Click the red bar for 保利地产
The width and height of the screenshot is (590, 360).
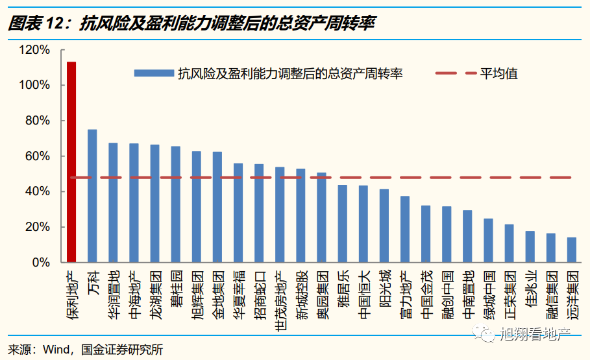[x=71, y=162]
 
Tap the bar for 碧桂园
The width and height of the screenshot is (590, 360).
[x=175, y=204]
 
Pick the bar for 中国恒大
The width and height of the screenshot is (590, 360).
[x=363, y=224]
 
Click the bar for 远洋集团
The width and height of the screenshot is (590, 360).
[x=572, y=250]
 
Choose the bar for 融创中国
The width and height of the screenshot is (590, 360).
[x=447, y=234]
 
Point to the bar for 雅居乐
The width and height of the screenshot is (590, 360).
[x=342, y=224]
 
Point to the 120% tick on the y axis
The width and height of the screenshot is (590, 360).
[x=34, y=50]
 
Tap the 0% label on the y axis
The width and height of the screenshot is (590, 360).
[x=40, y=263]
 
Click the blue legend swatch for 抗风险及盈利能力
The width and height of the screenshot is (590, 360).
[x=154, y=73]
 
